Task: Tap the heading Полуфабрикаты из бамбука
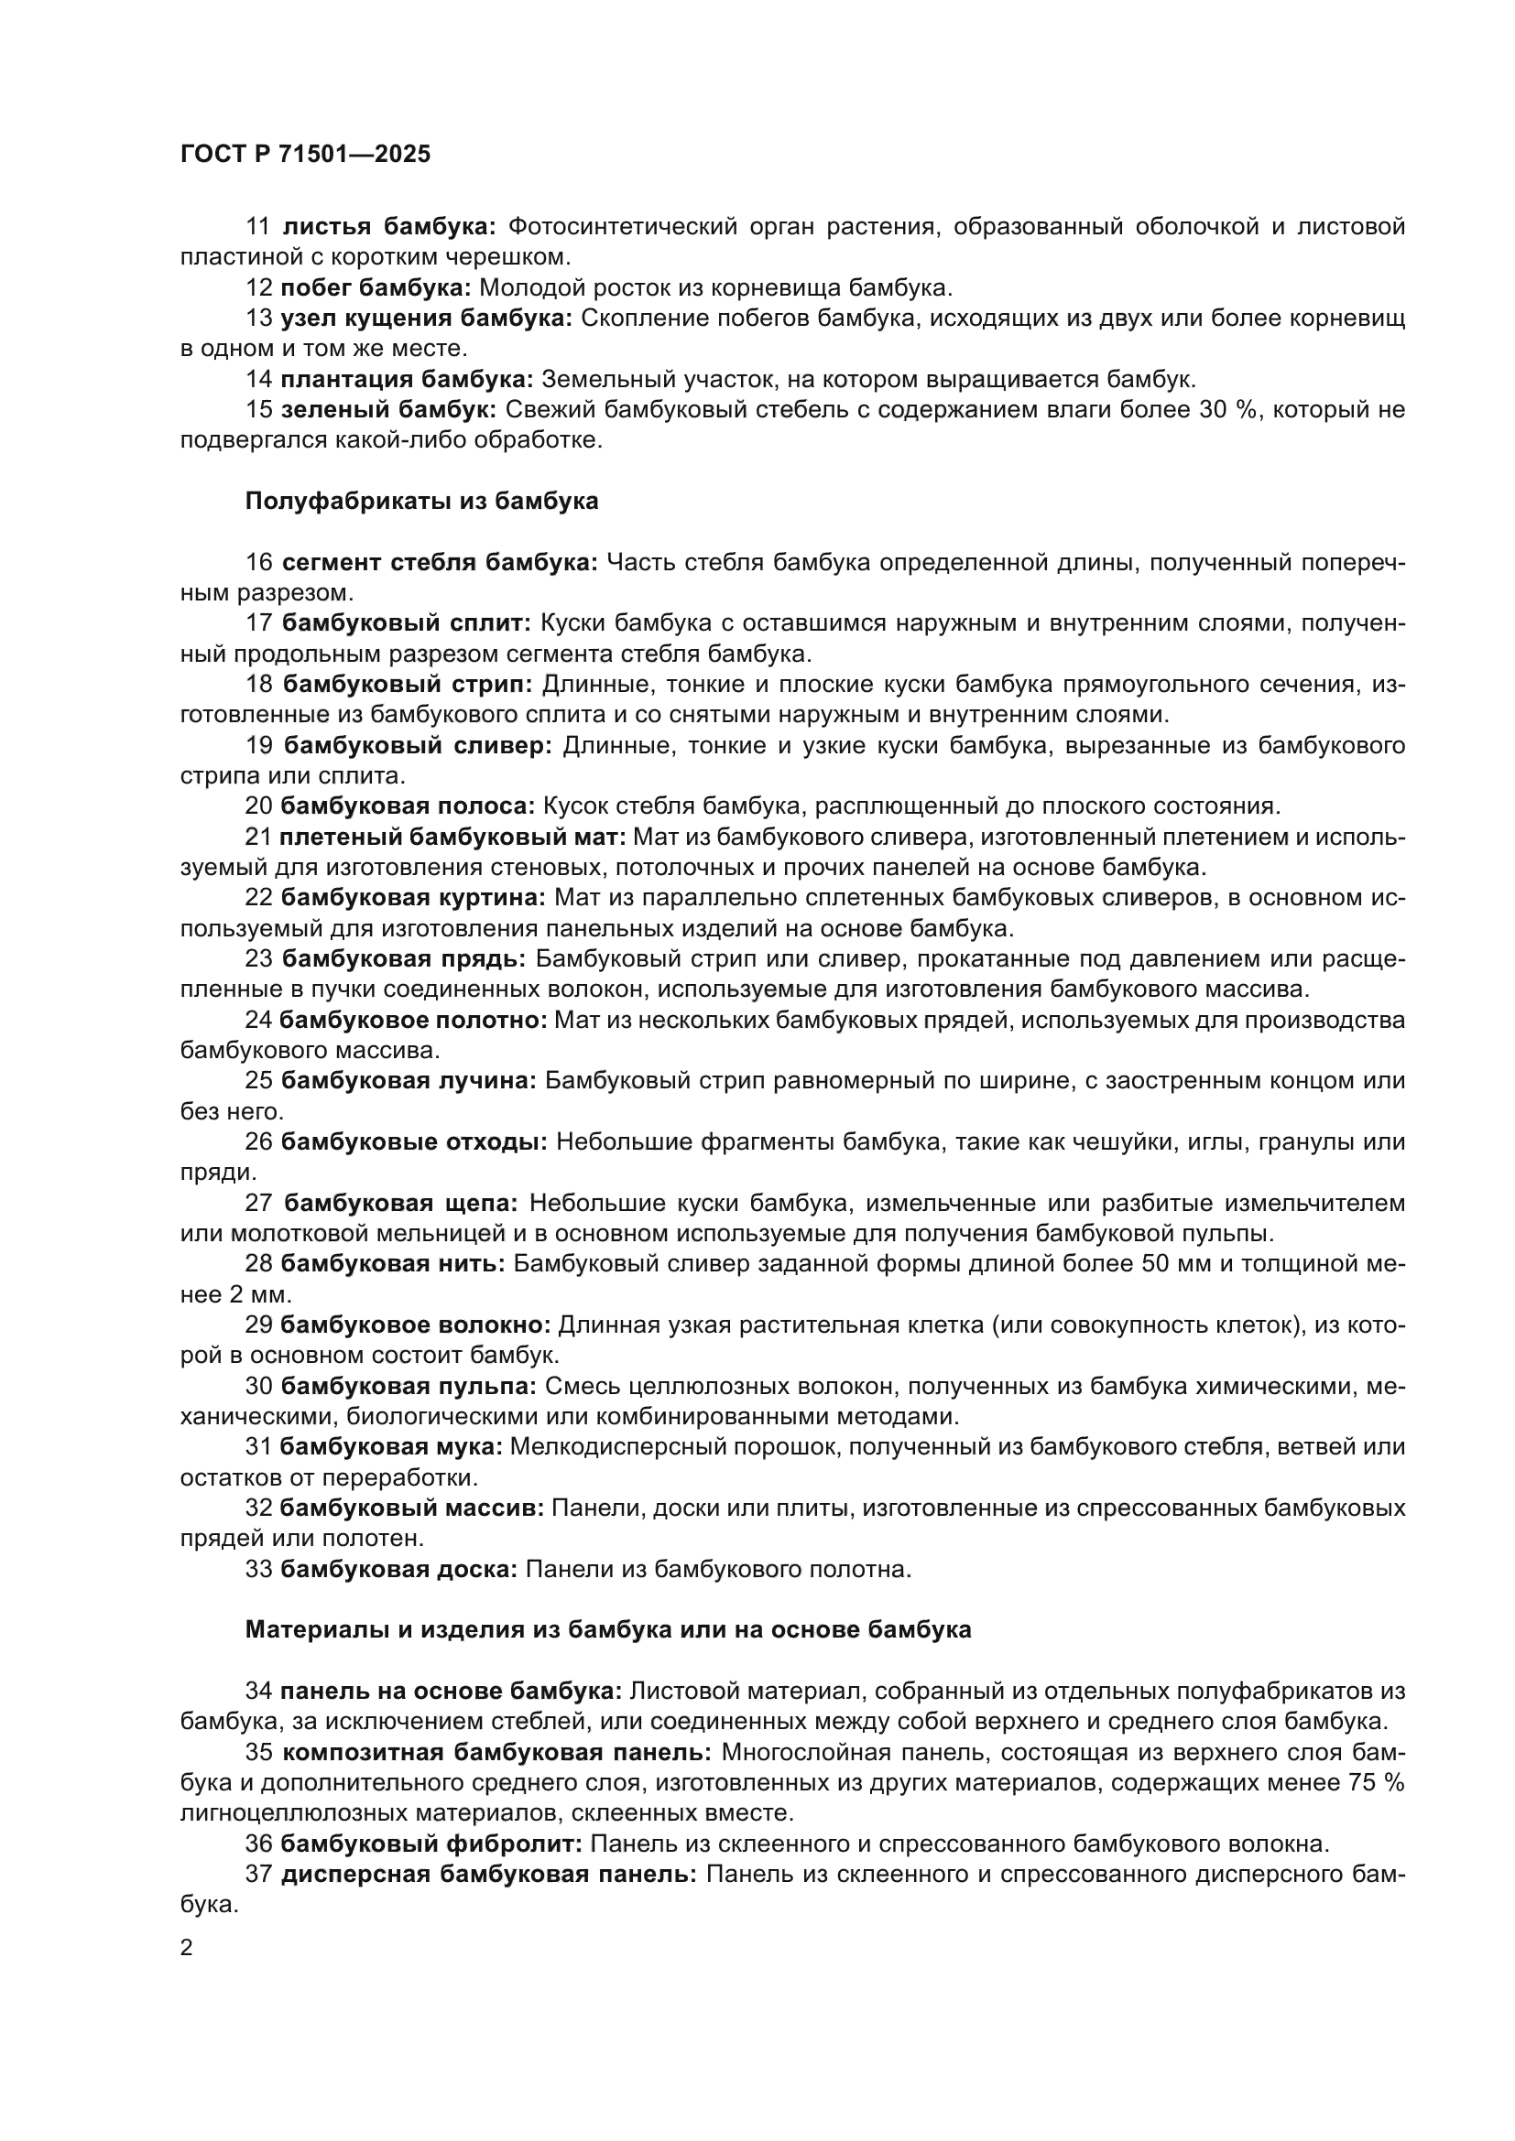(x=421, y=502)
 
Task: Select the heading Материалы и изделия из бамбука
(x=608, y=1630)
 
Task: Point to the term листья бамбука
(x=390, y=227)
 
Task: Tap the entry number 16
(x=258, y=562)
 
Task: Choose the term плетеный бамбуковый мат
(x=452, y=837)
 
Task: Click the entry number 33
(x=258, y=1570)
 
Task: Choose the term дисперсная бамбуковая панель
(x=489, y=1875)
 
